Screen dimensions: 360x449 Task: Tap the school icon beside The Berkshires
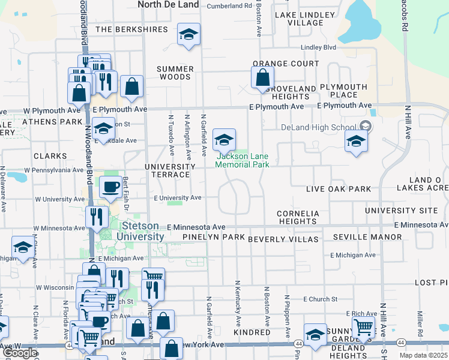[188, 35]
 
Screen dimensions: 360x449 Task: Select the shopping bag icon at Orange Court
[262, 78]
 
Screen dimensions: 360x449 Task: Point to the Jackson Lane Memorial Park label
[243, 160]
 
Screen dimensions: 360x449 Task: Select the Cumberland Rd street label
[229, 6]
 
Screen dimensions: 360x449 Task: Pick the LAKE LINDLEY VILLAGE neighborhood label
[305, 19]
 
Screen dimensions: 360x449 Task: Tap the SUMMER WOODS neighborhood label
[175, 73]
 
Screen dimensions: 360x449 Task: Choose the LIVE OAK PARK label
[339, 189]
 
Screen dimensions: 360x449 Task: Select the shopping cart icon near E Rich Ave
[363, 328]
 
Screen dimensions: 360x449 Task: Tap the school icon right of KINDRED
[315, 334]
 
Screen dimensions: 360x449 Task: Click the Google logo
[20, 353]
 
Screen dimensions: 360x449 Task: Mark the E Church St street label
[321, 299]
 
